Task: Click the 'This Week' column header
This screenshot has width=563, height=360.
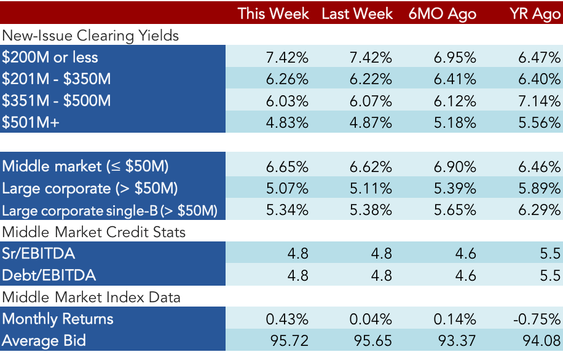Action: click(x=273, y=14)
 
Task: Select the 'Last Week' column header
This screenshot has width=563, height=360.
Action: click(x=357, y=14)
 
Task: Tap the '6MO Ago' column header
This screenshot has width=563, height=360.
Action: click(x=443, y=14)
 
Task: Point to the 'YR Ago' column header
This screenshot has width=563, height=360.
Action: click(x=535, y=14)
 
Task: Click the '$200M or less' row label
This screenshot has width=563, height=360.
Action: click(x=50, y=57)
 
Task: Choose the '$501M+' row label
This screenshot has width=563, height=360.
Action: click(x=31, y=122)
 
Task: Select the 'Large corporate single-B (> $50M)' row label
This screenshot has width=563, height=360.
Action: click(x=109, y=211)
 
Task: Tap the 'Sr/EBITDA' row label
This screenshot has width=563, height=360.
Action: click(x=39, y=253)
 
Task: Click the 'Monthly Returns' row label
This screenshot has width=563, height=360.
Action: click(x=58, y=319)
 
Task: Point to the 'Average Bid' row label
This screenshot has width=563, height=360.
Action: click(x=44, y=340)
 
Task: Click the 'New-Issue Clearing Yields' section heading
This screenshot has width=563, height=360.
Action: click(x=90, y=36)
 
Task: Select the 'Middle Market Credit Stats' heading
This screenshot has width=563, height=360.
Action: click(x=93, y=232)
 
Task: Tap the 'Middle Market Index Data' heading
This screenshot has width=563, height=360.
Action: click(x=91, y=297)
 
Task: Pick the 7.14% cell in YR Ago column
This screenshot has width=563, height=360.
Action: click(x=539, y=101)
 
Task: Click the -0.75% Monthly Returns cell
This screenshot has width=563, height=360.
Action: click(x=537, y=319)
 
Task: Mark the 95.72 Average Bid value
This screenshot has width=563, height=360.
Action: click(x=289, y=341)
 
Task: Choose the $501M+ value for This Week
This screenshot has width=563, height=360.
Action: click(x=287, y=123)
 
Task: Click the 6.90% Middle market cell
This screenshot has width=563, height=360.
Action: click(x=455, y=167)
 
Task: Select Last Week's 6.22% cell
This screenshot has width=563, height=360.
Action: click(x=371, y=79)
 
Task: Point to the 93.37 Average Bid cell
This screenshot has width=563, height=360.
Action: click(x=457, y=341)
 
